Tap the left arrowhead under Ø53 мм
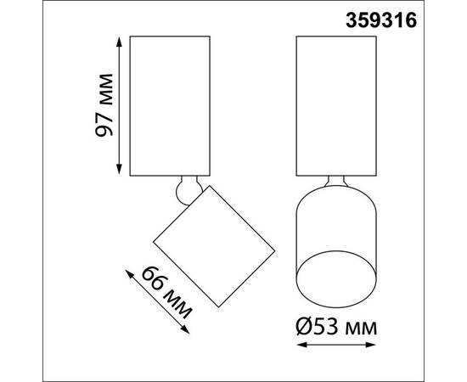tap(300, 345)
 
